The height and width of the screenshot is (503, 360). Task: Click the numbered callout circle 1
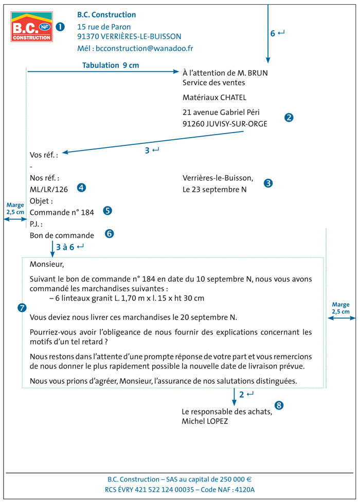click(60, 26)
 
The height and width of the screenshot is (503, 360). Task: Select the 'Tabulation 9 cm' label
click(111, 65)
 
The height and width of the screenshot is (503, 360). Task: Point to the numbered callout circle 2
click(289, 117)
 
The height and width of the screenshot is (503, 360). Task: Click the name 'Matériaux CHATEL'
click(214, 97)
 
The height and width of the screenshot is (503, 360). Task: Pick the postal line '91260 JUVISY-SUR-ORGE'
click(225, 123)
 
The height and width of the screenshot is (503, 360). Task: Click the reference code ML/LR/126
click(49, 189)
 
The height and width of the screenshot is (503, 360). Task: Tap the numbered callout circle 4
click(81, 188)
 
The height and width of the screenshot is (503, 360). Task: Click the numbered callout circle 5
click(107, 210)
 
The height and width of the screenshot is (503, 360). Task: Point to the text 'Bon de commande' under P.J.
click(62, 235)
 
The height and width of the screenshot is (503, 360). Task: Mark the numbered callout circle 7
click(22, 308)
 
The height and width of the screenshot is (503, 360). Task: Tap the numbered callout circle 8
click(279, 405)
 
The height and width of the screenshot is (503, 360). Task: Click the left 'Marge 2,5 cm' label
click(15, 208)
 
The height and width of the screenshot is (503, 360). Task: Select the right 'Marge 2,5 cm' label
click(340, 308)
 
